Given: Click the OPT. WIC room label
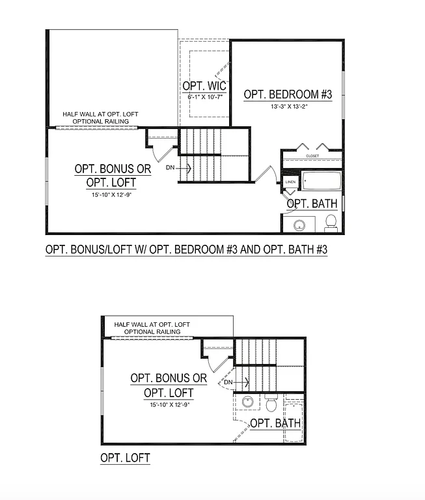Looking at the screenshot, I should tap(204, 86).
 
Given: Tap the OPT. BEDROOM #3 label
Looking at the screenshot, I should tap(288, 95).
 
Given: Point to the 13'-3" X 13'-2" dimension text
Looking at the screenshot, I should tap(288, 107).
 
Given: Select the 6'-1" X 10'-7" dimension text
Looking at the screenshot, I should tap(204, 97).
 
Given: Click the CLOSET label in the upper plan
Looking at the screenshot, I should tap(312, 156).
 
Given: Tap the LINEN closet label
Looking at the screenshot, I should tap(290, 182).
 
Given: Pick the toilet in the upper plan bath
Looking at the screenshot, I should tap(331, 223).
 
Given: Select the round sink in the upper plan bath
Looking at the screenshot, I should tap(300, 226).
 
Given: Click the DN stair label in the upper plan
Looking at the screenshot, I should tap(170, 168).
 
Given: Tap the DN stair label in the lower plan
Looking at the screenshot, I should tap(228, 382).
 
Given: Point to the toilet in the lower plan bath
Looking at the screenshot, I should tap(271, 404).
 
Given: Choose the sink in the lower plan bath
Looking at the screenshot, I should tap(248, 402).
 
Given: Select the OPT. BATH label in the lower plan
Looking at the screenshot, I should tap(276, 423).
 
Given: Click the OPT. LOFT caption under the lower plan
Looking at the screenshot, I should tap(125, 458).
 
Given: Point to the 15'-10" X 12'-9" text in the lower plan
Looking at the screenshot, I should tap(168, 404).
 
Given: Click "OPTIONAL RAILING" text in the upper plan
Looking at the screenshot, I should tap(100, 121).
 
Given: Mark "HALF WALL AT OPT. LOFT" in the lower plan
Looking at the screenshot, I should tap(152, 324).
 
